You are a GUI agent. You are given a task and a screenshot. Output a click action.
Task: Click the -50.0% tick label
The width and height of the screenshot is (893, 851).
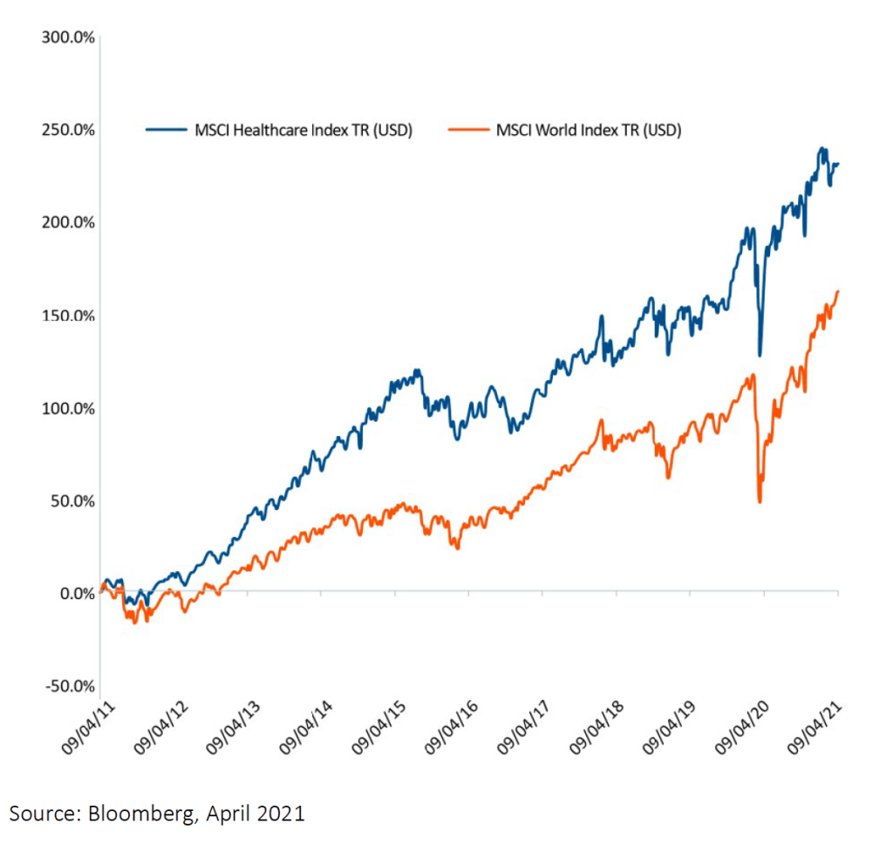point(67,686)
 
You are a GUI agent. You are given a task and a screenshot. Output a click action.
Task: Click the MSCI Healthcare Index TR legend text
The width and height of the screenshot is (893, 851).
point(303,131)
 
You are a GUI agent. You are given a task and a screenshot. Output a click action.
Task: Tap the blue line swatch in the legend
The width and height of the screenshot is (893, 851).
point(166,131)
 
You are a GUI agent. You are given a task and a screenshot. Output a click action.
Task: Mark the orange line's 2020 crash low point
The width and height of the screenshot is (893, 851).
point(760,501)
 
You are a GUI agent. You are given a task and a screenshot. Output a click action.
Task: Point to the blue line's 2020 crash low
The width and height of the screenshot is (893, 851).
point(760,354)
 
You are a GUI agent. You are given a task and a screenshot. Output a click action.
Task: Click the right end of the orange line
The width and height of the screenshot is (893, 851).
point(838,292)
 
